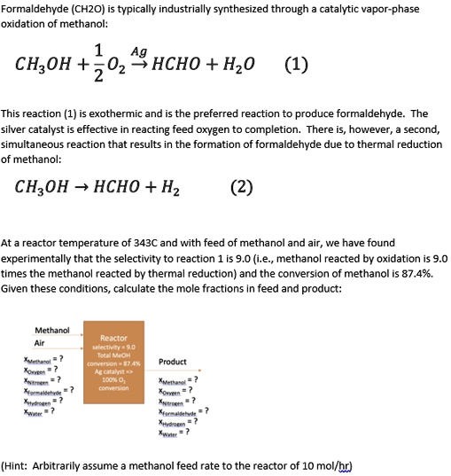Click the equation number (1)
coord(297,66)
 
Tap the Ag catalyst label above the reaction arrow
coord(138,52)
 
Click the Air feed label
coord(39,343)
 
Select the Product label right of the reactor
coord(172,362)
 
